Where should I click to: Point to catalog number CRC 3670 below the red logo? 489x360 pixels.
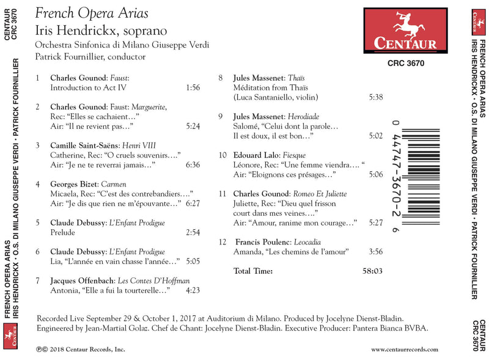[x=406, y=63]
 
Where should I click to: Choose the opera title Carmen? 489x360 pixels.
[x=112, y=184]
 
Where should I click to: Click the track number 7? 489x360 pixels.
[x=38, y=281]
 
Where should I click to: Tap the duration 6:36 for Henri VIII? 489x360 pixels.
[x=192, y=165]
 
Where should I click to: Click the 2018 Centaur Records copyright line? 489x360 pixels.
[x=80, y=350]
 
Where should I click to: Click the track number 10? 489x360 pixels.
[x=222, y=155]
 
